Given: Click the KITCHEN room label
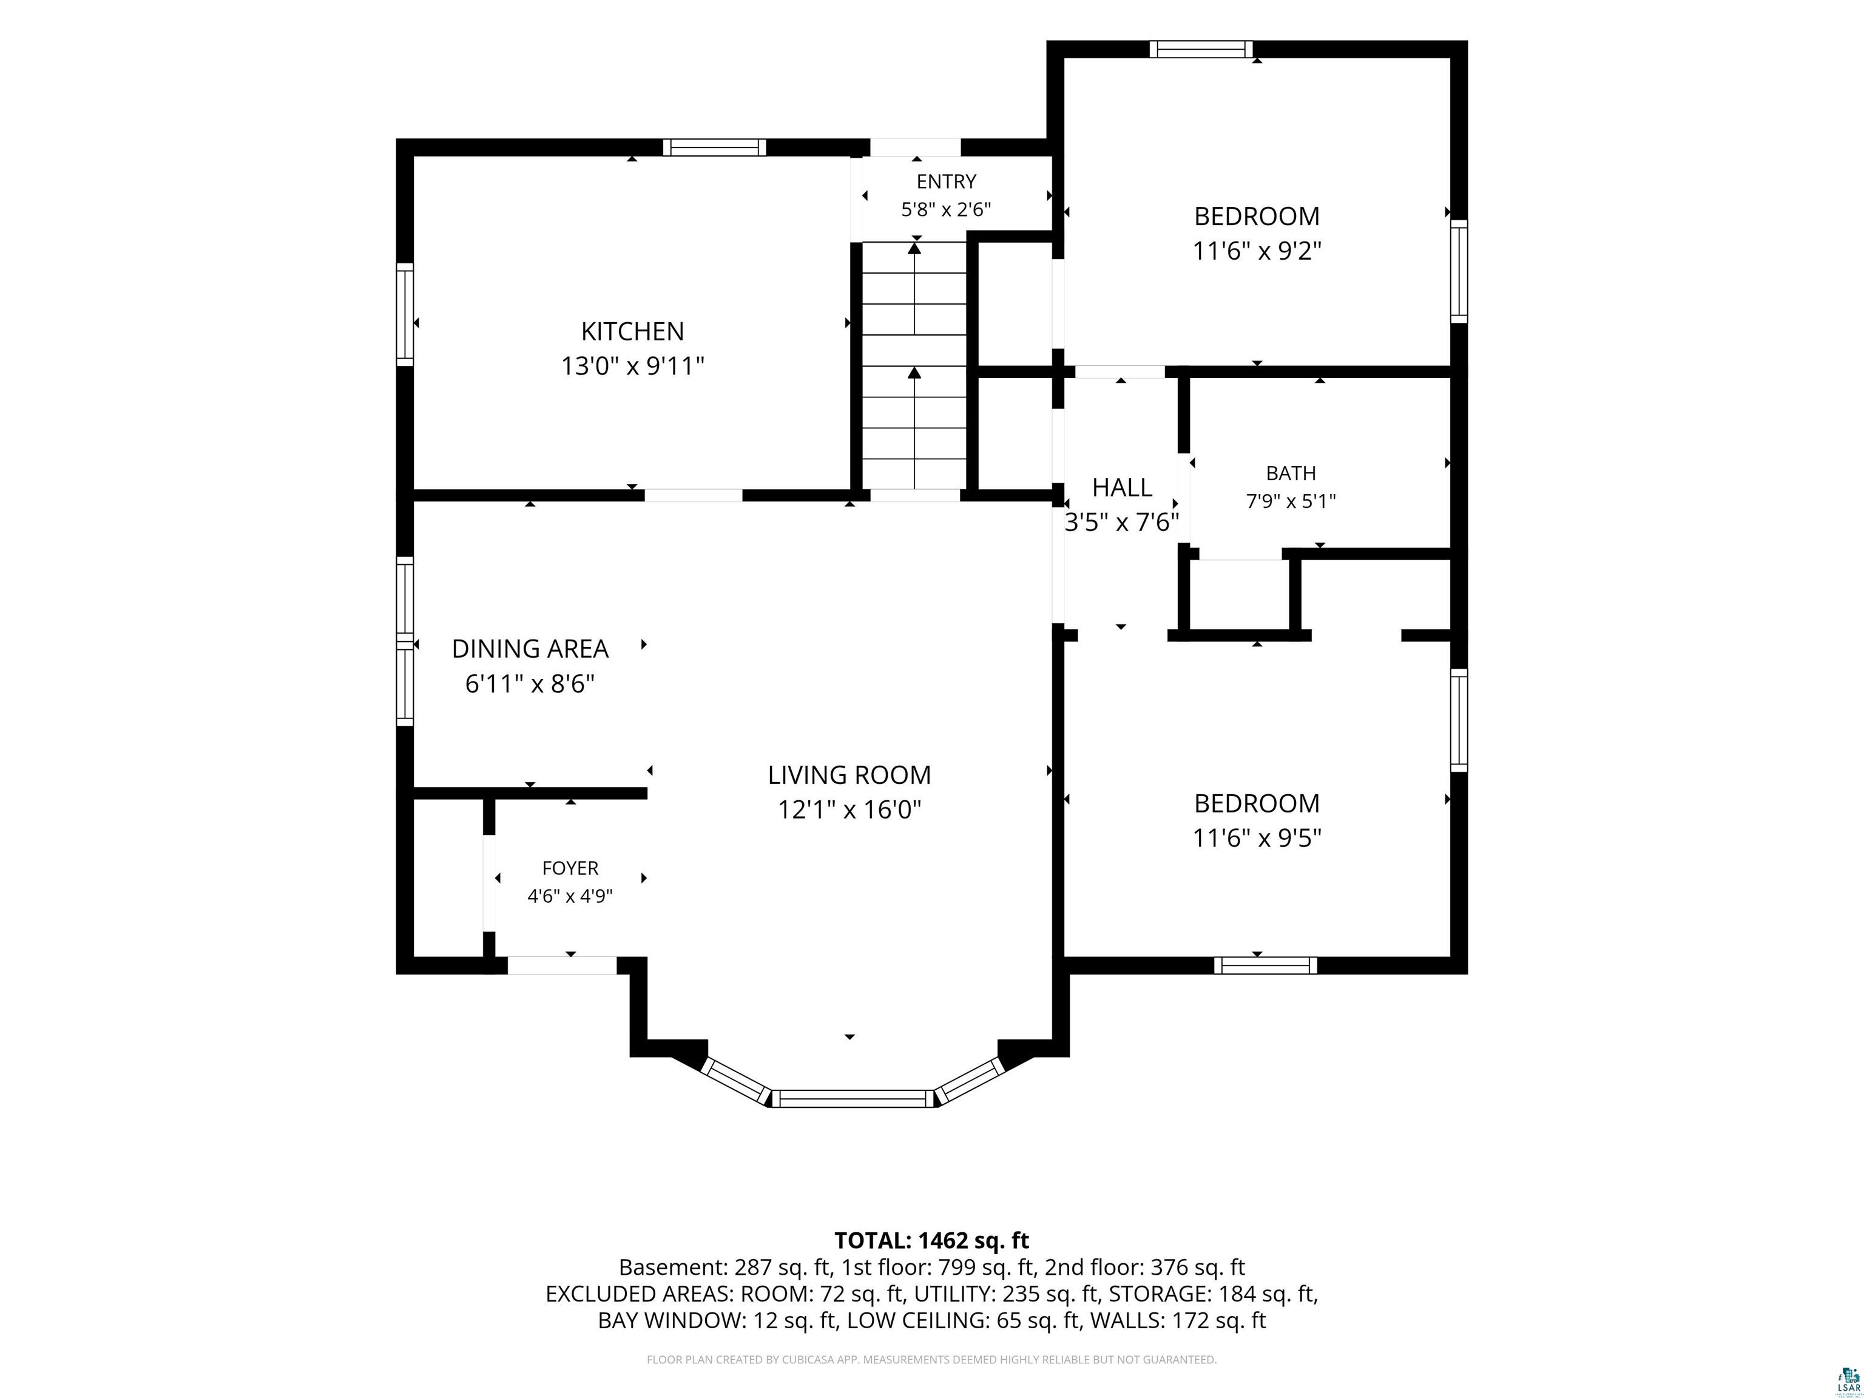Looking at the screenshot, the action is coord(632,331).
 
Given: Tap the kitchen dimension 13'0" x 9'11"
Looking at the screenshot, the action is coord(632,366).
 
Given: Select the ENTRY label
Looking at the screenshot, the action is coord(947,181).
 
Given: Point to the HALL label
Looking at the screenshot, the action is coord(1121,487).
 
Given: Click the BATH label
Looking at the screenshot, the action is coord(1291,473).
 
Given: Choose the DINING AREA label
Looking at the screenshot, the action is coord(530,649).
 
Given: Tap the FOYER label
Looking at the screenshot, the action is coord(570,868).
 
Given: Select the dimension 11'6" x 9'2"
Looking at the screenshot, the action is coord(1257,251).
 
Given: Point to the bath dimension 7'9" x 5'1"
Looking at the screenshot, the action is coord(1291,501).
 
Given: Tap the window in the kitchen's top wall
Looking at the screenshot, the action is coord(715,147).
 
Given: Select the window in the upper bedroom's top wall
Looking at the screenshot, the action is coord(1201,49).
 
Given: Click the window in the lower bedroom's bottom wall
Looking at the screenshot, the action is coord(1265,966).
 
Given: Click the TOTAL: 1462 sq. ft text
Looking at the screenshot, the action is coord(932,1240).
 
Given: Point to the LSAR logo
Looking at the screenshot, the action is coord(1848,1381).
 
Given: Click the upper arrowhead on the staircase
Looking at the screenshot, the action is coord(914,247).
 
